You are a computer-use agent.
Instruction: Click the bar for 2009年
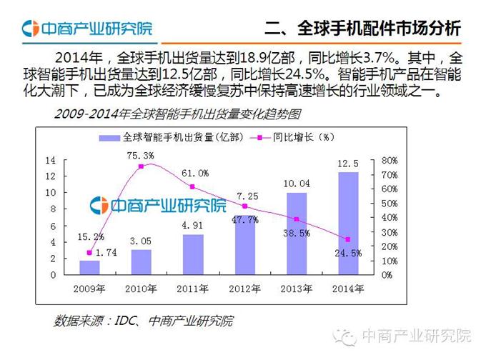89,267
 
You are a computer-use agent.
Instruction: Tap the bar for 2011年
193,254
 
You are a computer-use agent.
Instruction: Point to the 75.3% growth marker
142,166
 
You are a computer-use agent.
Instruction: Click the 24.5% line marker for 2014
348,239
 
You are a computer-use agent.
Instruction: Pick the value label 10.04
297,184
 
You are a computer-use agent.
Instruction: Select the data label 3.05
142,241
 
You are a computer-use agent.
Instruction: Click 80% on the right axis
390,160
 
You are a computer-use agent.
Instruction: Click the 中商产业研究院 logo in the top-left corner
86,29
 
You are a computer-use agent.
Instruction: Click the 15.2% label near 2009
90,236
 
